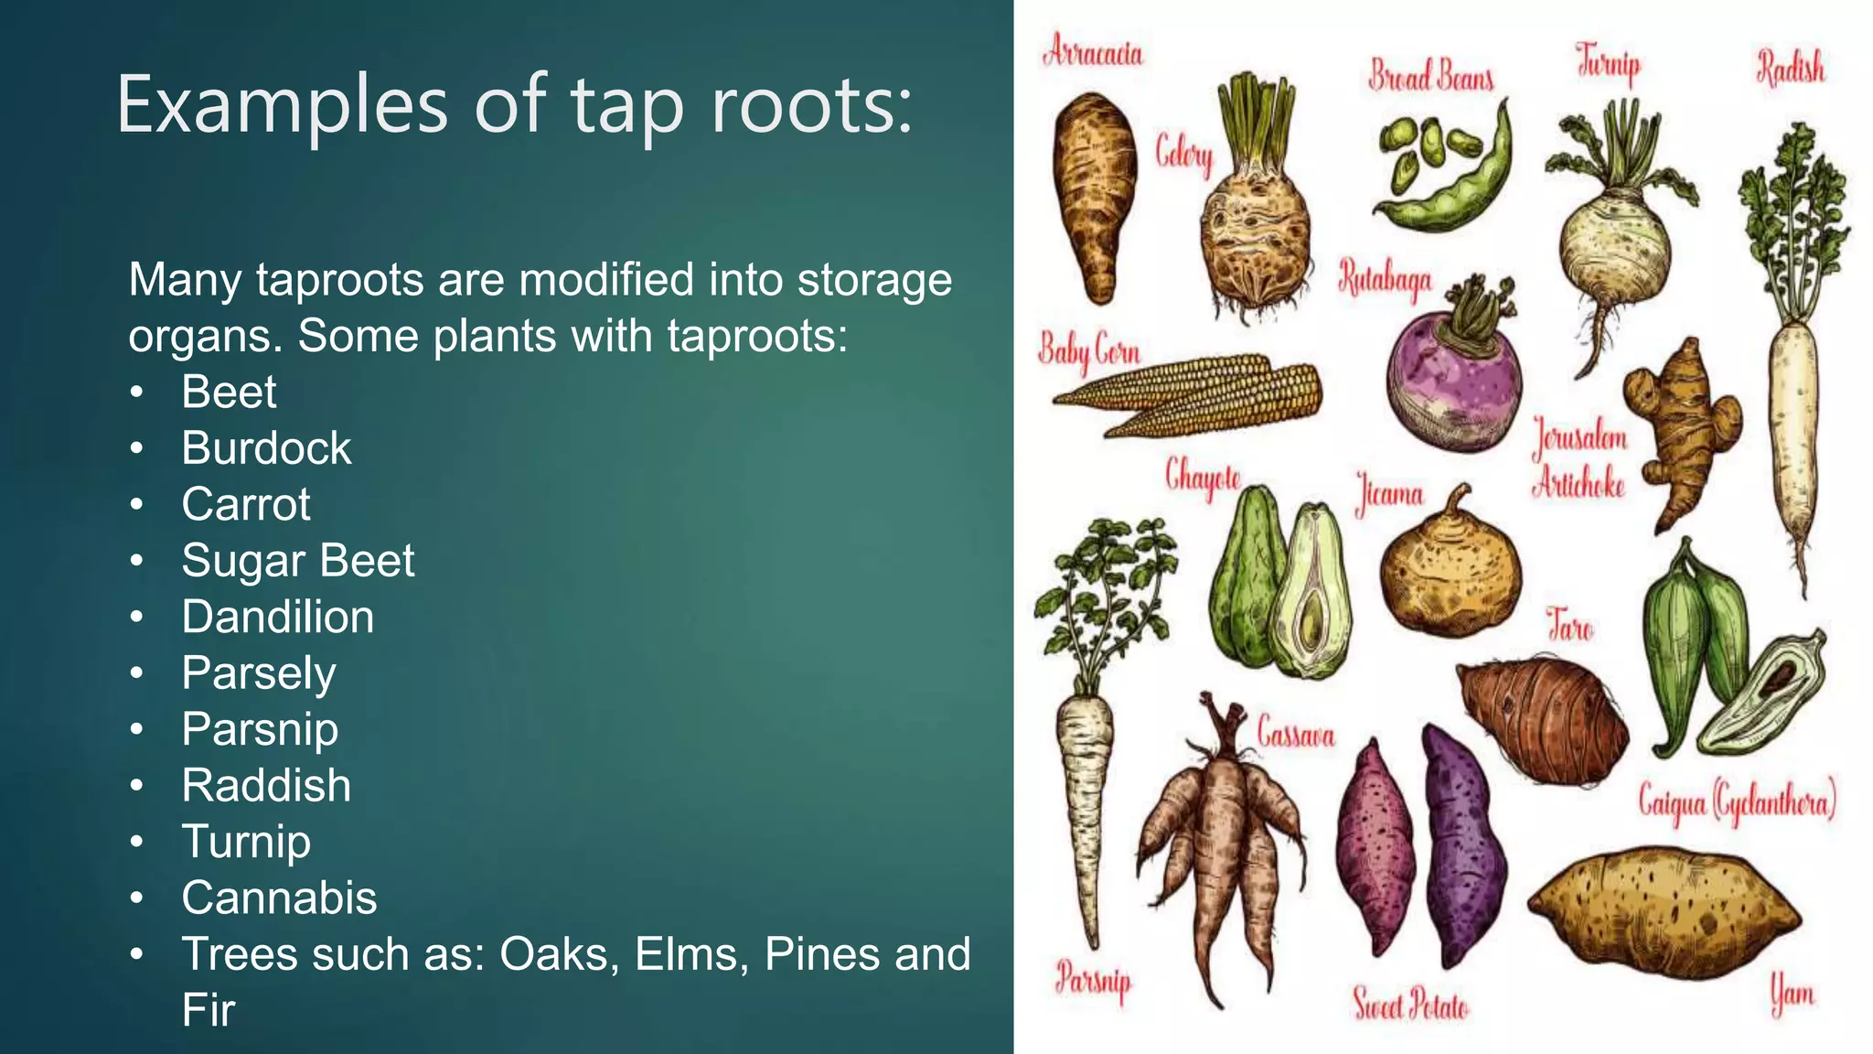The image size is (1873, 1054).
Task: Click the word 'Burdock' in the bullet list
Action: (x=266, y=448)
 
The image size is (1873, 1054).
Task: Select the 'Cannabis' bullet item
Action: (x=279, y=898)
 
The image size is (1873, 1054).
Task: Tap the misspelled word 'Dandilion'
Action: (x=277, y=617)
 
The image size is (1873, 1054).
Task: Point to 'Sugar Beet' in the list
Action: (x=297, y=560)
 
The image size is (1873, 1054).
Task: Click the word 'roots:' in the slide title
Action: (x=812, y=105)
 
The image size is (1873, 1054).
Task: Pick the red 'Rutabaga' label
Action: (x=1385, y=280)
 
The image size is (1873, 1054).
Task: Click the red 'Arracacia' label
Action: (x=1093, y=52)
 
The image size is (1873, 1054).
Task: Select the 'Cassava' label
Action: (x=1296, y=734)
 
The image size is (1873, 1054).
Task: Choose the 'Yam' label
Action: (x=1792, y=994)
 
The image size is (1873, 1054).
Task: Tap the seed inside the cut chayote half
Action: (x=1312, y=622)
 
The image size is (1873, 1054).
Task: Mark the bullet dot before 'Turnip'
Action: (x=136, y=842)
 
